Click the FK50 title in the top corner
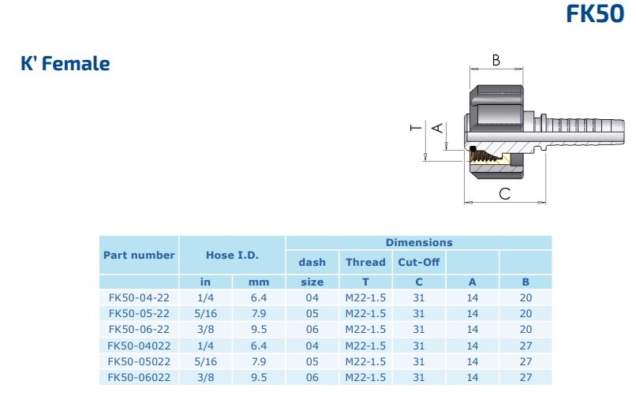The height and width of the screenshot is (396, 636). (595, 13)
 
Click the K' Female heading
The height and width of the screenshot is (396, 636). (65, 64)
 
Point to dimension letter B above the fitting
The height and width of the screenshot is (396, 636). (496, 61)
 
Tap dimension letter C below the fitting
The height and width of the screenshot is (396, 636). (504, 194)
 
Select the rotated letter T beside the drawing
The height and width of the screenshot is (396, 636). (416, 128)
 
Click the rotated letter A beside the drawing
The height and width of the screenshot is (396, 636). (437, 128)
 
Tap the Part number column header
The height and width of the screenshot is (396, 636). (139, 255)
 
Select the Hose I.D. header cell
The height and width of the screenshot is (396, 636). (232, 255)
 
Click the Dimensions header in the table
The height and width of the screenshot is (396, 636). (419, 242)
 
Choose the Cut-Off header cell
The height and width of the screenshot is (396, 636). (418, 262)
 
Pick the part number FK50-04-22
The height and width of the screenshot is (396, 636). (139, 298)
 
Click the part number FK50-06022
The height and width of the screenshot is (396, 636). (139, 377)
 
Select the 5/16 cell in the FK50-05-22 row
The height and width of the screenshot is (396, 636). (205, 314)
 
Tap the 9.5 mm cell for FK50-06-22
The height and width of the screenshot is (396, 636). (259, 330)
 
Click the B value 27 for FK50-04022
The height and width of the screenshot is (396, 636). (526, 346)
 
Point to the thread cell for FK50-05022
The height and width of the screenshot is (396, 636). (365, 361)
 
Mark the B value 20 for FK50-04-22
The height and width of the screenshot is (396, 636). (526, 298)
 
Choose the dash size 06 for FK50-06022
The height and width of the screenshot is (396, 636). (312, 377)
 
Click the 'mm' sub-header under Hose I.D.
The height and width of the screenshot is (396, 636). (259, 282)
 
